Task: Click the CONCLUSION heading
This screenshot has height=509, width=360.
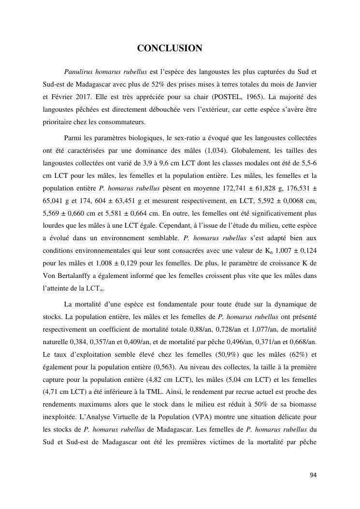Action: click(170, 48)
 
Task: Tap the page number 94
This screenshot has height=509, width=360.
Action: click(313, 475)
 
